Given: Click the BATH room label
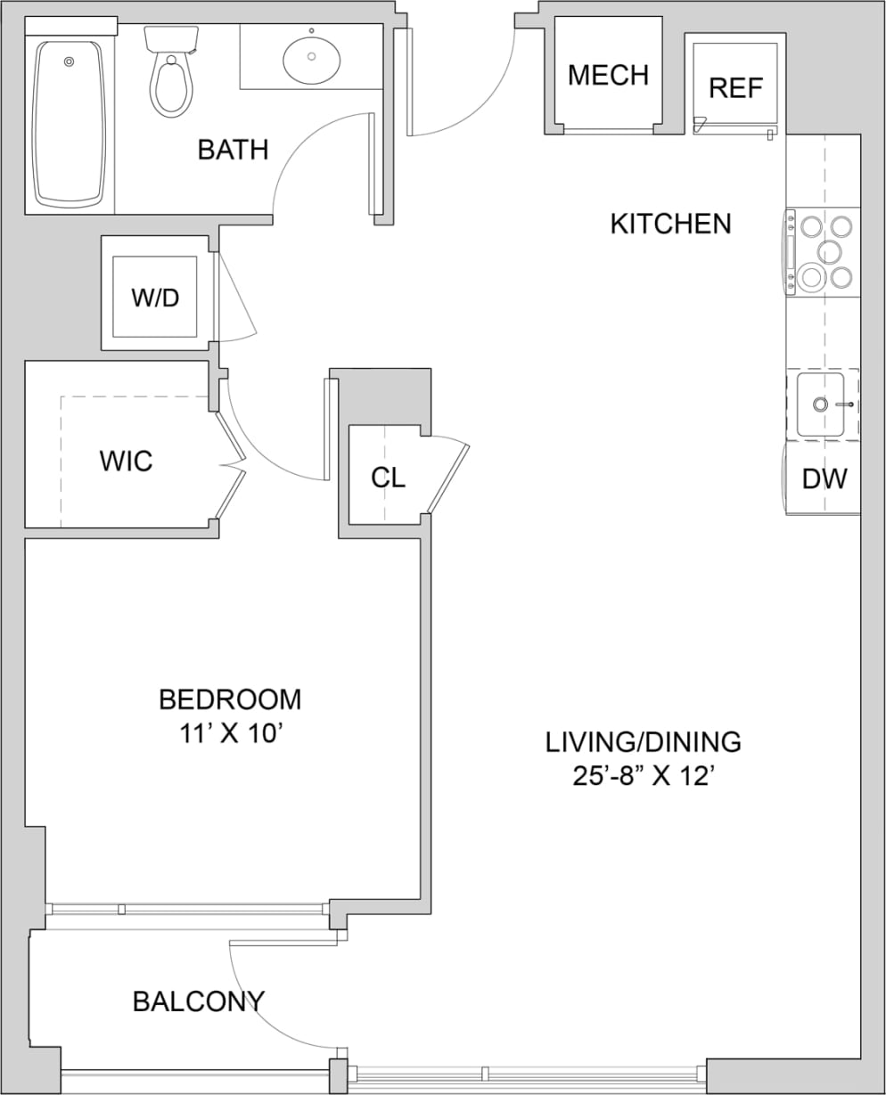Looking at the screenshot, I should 233,150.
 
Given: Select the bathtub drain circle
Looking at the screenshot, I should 69,61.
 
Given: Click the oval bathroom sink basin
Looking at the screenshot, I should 311,57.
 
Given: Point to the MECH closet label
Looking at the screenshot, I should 608,76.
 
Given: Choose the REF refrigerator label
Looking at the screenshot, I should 735,88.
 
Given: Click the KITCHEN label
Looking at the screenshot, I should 670,224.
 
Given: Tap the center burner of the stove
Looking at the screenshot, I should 829,252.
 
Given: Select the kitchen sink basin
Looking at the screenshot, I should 820,404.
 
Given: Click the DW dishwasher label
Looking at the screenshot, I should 824,478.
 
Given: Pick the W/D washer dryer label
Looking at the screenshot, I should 155,298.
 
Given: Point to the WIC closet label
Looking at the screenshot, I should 126,462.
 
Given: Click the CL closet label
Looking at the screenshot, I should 388,478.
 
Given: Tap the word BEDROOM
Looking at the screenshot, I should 230,699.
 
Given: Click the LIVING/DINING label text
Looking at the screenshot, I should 644,741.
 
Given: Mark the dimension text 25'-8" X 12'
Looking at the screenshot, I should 644,776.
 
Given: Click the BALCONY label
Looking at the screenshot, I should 199,1001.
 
